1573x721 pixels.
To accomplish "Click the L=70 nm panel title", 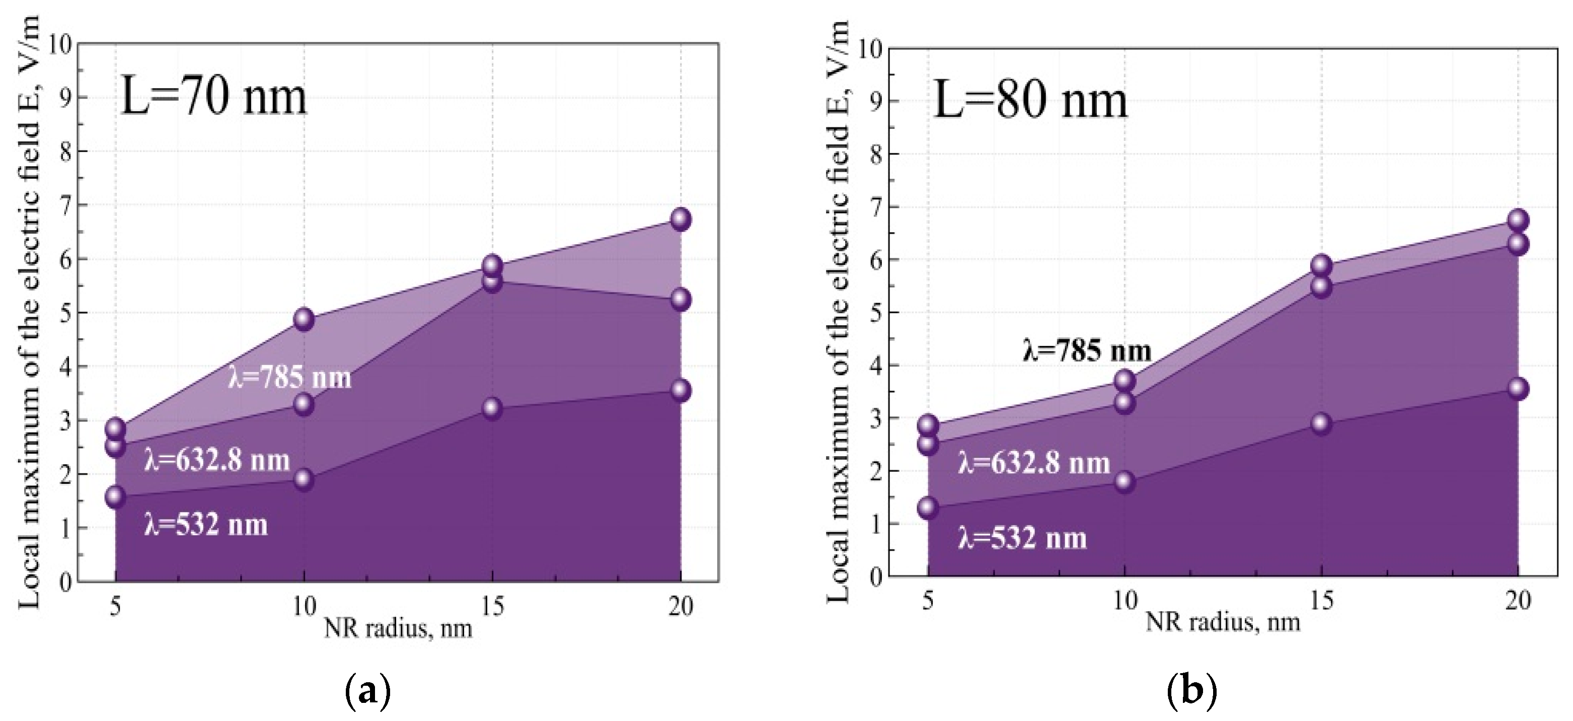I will click(x=214, y=97).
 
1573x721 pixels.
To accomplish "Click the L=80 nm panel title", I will click(x=1030, y=100).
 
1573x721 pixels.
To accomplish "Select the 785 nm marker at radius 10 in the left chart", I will click(x=304, y=319).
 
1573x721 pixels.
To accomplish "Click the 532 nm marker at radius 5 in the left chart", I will click(x=115, y=497).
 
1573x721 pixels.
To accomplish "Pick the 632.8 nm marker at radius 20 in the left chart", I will click(x=680, y=300).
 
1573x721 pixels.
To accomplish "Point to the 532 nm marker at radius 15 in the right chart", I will click(x=1321, y=423).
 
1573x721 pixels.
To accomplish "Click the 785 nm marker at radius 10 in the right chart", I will click(x=1124, y=381).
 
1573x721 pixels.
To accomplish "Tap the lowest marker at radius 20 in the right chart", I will click(x=1518, y=389).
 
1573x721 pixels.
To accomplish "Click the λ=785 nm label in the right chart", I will click(x=1087, y=351).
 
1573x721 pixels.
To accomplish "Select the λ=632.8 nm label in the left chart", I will click(x=217, y=460).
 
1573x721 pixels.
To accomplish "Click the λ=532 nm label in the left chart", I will click(x=206, y=525).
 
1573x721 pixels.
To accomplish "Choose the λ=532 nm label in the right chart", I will click(x=1022, y=538).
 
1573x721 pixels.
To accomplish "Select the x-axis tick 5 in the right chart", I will click(x=928, y=601).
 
